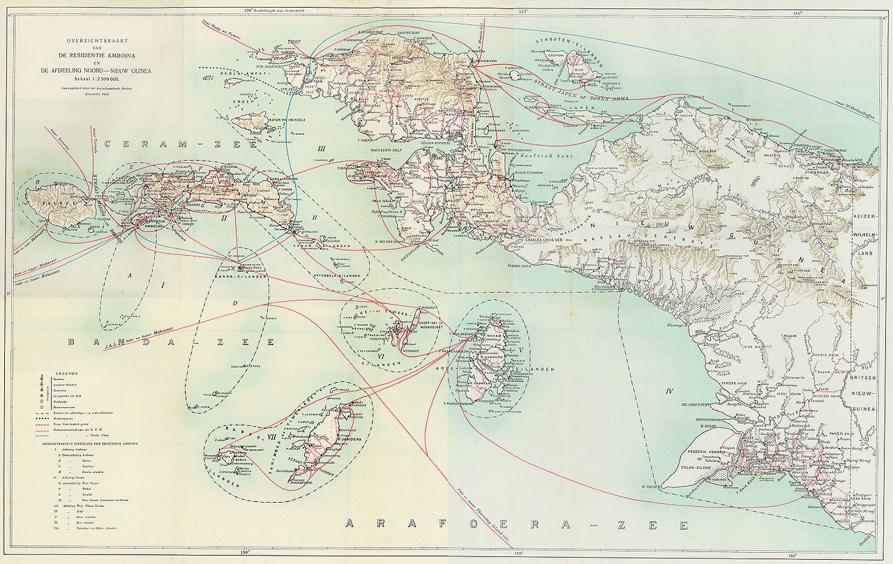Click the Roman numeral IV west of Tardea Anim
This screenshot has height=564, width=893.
click(x=668, y=390)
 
